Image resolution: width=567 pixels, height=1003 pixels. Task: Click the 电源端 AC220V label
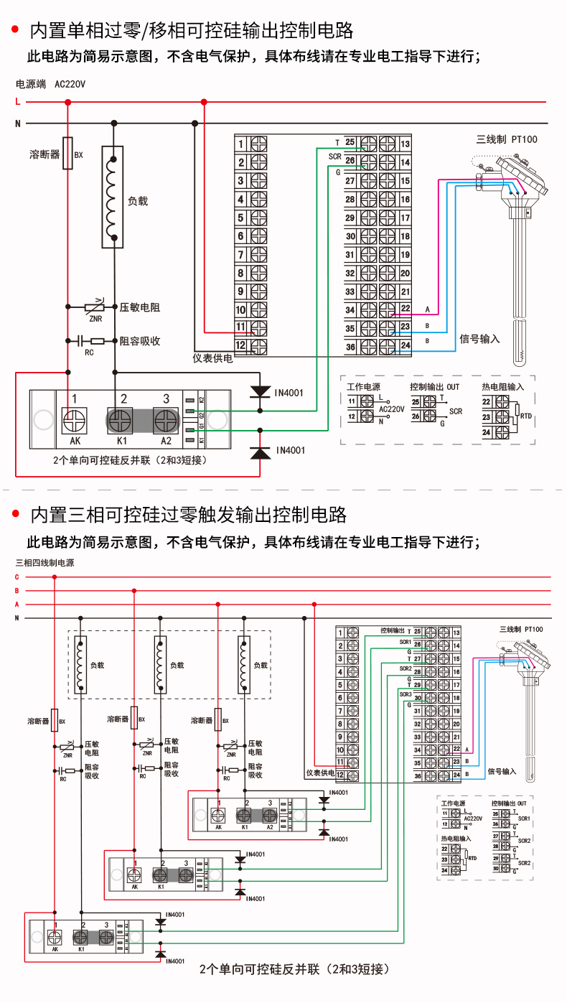point(50,85)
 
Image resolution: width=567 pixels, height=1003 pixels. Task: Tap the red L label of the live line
point(18,102)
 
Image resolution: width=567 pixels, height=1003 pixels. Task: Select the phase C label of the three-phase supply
point(17,577)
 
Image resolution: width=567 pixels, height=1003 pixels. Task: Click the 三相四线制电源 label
point(44,563)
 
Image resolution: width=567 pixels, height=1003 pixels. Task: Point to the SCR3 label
point(406,694)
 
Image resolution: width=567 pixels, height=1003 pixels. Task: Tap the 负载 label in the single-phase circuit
point(138,202)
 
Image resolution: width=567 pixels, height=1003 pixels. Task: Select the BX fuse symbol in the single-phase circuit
point(68,154)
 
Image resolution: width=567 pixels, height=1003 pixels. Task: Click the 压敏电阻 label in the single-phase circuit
point(140,307)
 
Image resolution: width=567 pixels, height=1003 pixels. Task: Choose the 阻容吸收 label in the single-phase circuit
point(140,341)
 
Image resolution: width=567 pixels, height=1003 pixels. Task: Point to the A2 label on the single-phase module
point(166,441)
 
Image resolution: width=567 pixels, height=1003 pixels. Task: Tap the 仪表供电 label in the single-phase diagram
point(213,358)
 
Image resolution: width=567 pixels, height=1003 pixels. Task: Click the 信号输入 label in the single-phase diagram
point(479,338)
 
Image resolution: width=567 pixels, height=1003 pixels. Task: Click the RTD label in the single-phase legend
point(526,416)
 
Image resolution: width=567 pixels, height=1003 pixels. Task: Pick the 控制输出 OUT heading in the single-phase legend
point(435,386)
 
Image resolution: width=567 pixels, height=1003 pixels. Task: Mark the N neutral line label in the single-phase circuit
point(18,123)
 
